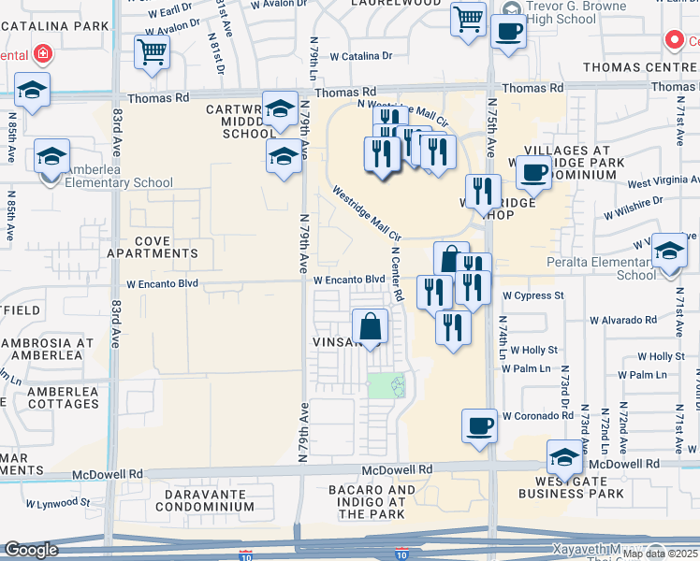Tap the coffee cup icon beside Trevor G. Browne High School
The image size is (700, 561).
[508, 31]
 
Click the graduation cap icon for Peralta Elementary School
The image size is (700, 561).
[669, 252]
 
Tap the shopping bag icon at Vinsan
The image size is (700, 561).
[371, 327]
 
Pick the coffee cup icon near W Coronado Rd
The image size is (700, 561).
[480, 425]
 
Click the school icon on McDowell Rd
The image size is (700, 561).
[565, 456]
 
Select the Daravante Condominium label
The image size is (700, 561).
[204, 499]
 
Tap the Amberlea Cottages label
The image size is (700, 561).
[63, 397]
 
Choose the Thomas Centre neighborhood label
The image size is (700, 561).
[640, 67]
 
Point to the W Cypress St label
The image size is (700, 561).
[532, 295]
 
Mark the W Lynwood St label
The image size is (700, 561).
[58, 502]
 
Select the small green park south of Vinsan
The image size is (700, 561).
[386, 384]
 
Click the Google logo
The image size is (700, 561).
[32, 550]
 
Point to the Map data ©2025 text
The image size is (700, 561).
[660, 554]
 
